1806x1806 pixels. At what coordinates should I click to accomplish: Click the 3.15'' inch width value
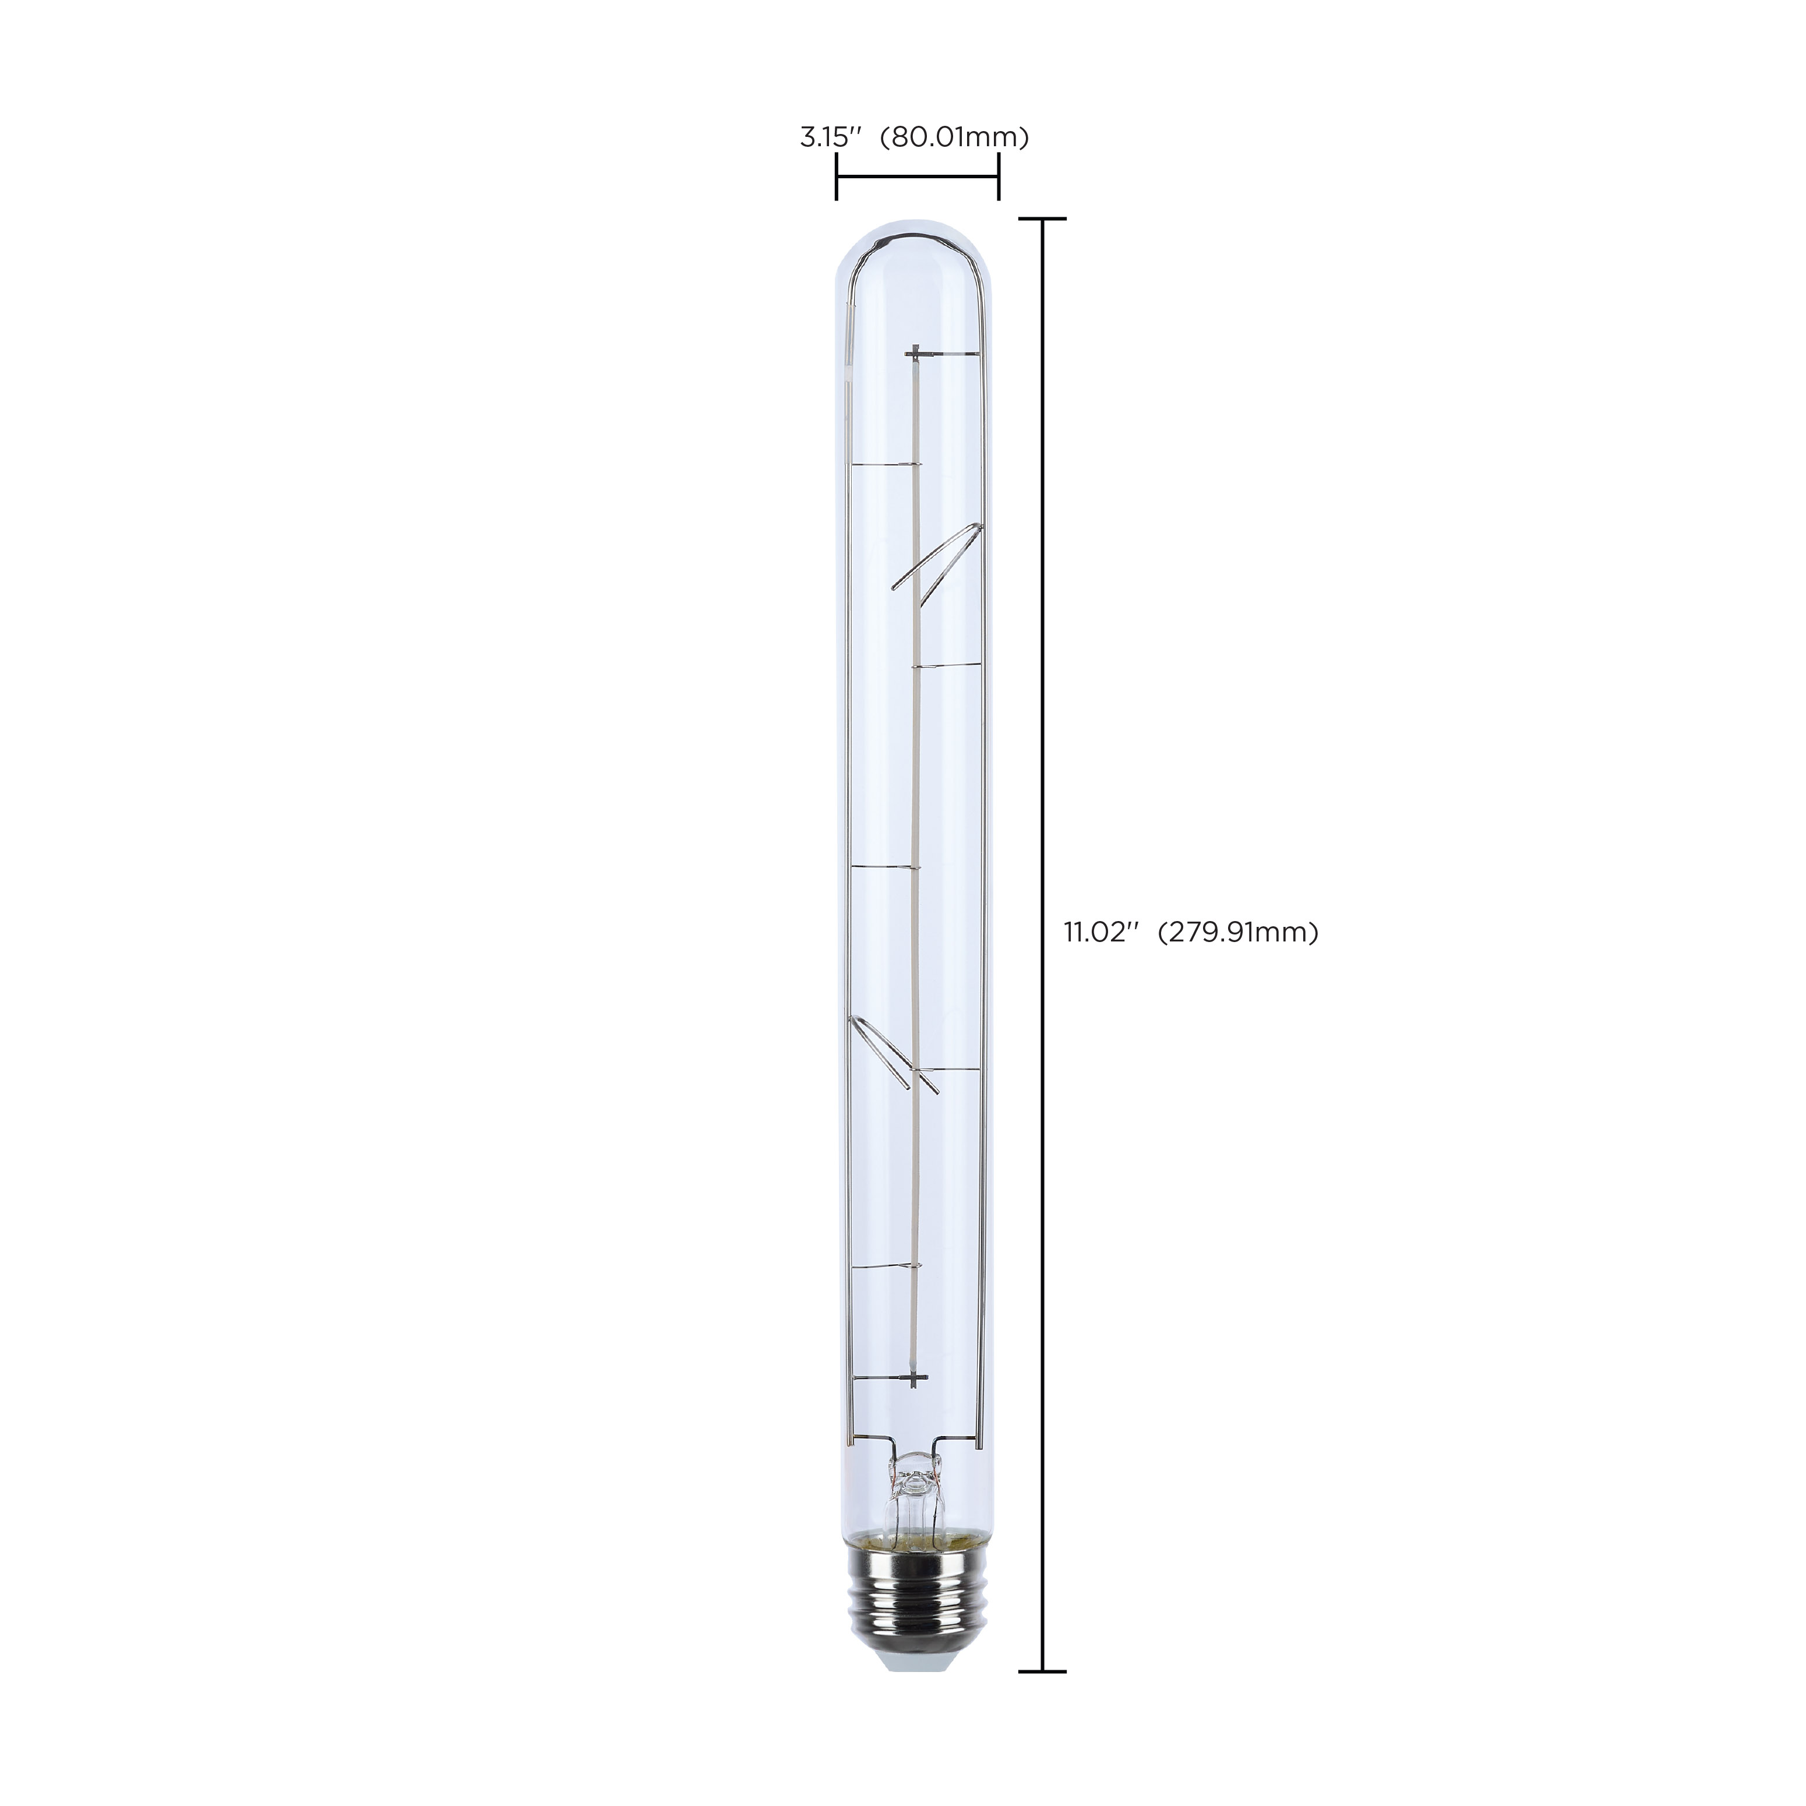click(828, 138)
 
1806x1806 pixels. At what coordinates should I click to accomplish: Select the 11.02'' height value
click(1099, 932)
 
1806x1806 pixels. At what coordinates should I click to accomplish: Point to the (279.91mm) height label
click(1237, 932)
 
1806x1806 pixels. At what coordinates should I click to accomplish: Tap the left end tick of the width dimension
click(835, 178)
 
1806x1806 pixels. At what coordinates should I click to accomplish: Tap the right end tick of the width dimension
click(999, 178)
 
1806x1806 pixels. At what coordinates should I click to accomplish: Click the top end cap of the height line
click(1041, 218)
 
